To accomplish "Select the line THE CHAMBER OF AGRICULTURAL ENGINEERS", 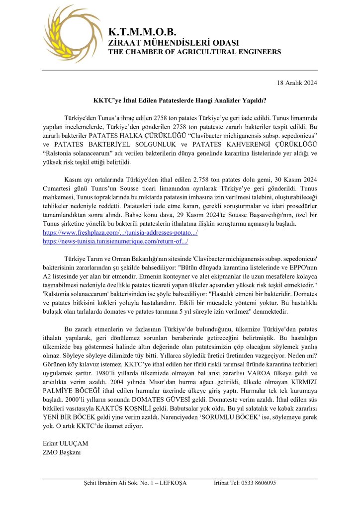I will click(194, 52).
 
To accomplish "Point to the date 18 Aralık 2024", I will click(296, 83).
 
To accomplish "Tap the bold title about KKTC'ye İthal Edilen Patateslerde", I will click(180, 100).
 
